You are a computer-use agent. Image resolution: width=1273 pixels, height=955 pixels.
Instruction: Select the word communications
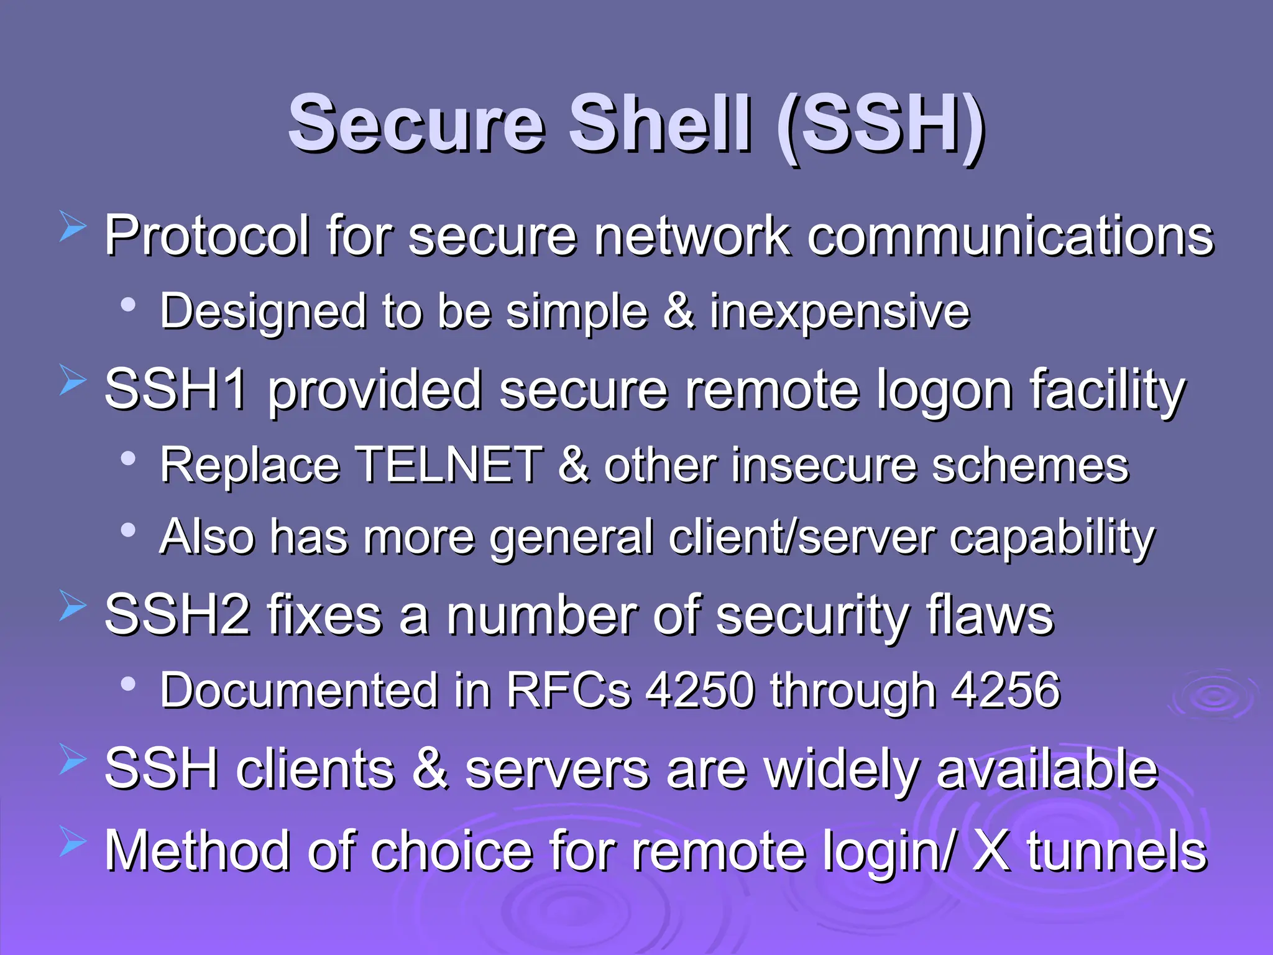[x=1010, y=236]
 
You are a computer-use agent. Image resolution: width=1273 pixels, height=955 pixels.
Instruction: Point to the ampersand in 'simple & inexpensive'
[x=679, y=310]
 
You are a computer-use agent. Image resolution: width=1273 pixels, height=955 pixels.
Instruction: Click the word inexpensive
[x=840, y=311]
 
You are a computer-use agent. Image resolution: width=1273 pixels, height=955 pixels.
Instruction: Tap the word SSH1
[x=176, y=390]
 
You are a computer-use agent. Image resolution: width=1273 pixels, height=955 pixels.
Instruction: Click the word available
[x=1047, y=770]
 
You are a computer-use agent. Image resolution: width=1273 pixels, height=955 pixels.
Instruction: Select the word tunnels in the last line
[x=1117, y=852]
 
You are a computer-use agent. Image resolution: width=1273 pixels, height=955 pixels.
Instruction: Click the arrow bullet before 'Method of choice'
[x=73, y=842]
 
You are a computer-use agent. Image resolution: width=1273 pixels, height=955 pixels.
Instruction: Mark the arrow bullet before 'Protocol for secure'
[x=73, y=227]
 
